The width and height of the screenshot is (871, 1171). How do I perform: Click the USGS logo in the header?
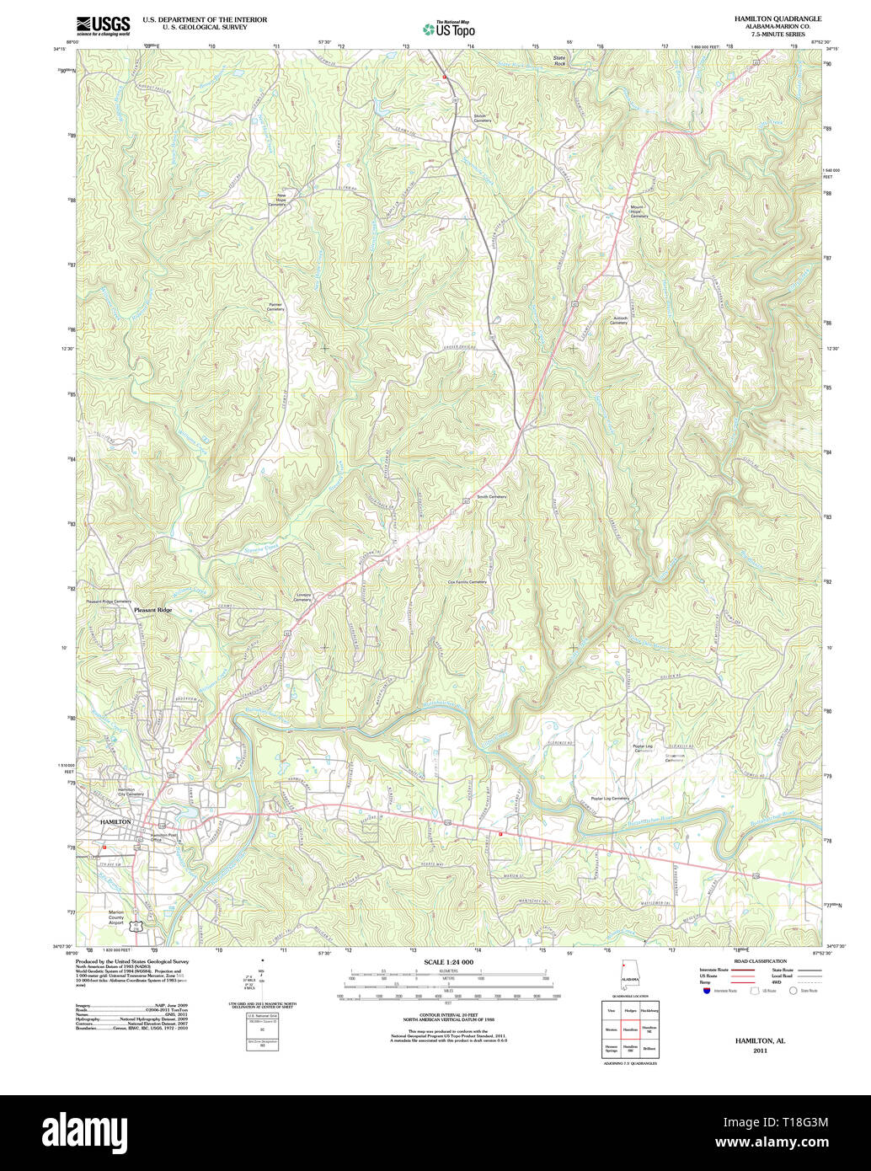tap(103, 25)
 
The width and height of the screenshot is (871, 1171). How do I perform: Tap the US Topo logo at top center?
tap(449, 29)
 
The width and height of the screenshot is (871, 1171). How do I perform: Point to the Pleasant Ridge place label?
tap(152, 610)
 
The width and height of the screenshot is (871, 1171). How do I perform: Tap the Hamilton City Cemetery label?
tap(131, 791)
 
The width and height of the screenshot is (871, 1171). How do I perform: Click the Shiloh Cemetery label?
tap(482, 118)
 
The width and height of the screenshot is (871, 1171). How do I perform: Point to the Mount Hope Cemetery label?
tap(639, 211)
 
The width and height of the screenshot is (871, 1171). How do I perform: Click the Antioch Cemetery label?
tap(618, 320)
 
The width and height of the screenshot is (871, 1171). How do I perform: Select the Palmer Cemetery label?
tap(275, 307)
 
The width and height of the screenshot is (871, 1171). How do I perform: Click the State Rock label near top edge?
tap(559, 61)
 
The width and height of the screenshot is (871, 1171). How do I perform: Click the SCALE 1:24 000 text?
tap(448, 962)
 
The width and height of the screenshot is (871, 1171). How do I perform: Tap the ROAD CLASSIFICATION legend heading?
tap(761, 961)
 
